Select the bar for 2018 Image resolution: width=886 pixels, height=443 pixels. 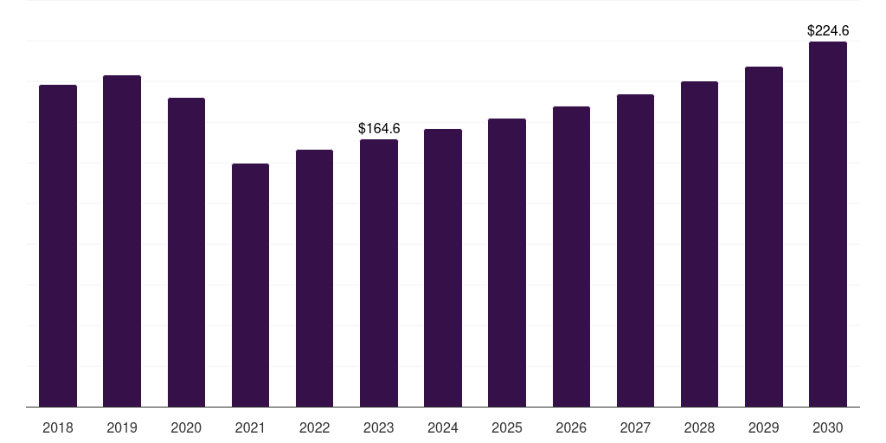[x=58, y=246]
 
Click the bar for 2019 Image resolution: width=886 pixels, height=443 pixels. [x=122, y=241]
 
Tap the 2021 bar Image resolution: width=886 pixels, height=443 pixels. [x=250, y=286]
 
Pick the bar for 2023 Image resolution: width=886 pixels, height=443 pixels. [x=379, y=273]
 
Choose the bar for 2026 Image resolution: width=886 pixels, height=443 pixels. [x=571, y=256]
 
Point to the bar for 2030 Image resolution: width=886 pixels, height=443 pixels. [x=828, y=224]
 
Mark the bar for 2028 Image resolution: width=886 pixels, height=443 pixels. [x=699, y=244]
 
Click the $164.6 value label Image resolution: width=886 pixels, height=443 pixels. [x=379, y=128]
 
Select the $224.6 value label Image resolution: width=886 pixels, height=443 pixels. [x=828, y=30]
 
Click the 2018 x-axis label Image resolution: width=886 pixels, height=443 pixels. [x=58, y=427]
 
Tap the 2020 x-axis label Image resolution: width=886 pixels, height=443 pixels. [x=186, y=427]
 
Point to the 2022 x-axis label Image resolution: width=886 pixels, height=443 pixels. [x=314, y=427]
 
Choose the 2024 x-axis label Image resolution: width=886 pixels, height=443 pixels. [x=443, y=427]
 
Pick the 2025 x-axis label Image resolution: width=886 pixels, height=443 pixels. [x=507, y=427]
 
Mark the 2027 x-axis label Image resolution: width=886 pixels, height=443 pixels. [x=635, y=427]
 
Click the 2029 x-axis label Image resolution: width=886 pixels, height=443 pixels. [x=763, y=427]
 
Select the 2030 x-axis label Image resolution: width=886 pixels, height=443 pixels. [x=828, y=427]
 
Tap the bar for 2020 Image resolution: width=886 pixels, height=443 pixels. [x=187, y=252]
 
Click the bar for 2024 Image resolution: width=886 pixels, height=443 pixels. [x=443, y=268]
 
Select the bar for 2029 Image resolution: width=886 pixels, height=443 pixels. [x=764, y=237]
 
